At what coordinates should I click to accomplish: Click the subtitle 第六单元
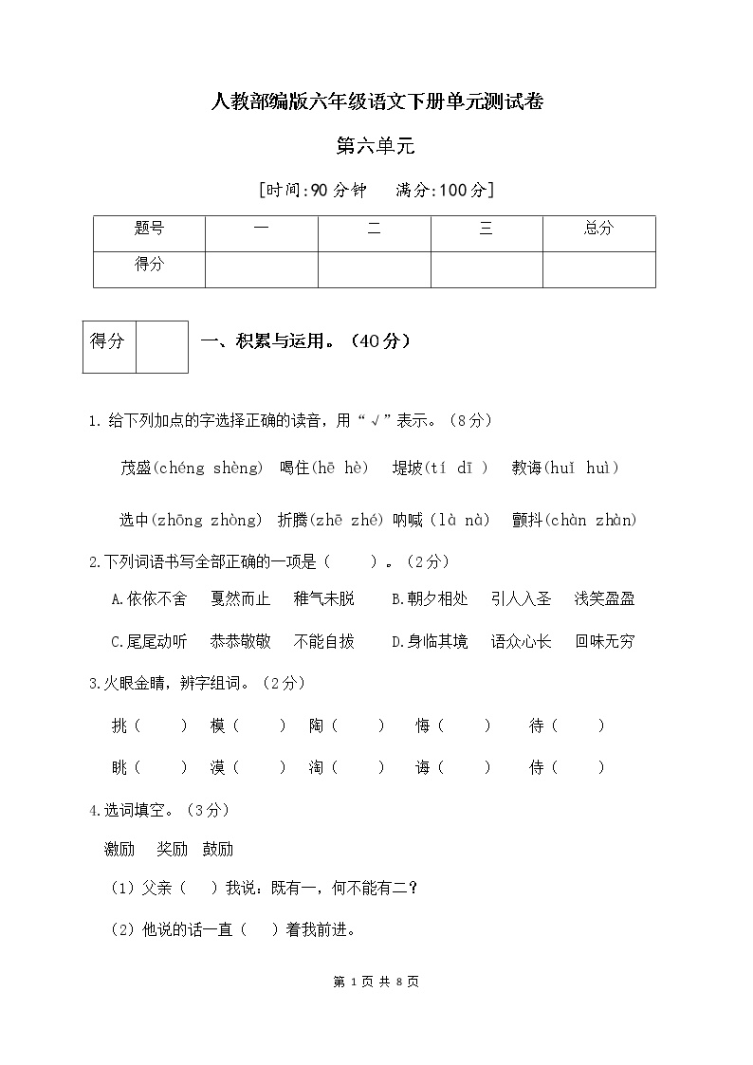[x=376, y=146]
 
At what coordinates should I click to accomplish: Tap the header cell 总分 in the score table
[x=598, y=229]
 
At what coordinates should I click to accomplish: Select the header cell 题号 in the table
[x=149, y=229]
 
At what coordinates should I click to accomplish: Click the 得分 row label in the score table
[x=149, y=265]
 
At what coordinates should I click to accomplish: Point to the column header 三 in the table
[x=486, y=229]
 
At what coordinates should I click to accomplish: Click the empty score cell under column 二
[x=374, y=268]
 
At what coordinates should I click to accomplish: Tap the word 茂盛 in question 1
[x=136, y=468]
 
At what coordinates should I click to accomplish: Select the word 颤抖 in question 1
[x=526, y=520]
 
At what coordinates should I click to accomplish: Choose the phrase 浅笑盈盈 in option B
[x=604, y=598]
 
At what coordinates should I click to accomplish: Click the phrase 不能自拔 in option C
[x=323, y=641]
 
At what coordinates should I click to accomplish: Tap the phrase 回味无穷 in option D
[x=604, y=641]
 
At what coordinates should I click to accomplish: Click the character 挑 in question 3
[x=119, y=725]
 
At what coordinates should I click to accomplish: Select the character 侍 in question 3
[x=537, y=768]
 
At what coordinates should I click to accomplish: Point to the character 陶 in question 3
[x=316, y=725]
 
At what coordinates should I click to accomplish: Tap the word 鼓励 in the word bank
[x=217, y=849]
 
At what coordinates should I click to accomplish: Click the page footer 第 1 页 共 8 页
[x=376, y=982]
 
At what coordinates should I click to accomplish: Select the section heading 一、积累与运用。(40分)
[x=305, y=341]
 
